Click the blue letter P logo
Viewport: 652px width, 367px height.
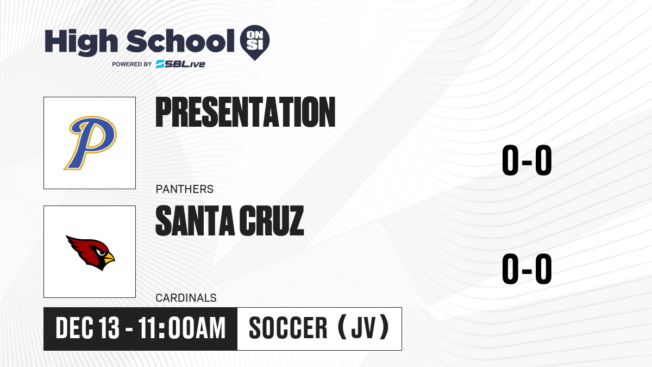tap(90, 142)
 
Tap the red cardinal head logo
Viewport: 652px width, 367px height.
tap(90, 252)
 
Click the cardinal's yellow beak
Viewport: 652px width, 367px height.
tap(109, 258)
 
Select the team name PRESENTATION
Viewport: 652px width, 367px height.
tap(246, 112)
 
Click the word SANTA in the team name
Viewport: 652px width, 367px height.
tap(195, 221)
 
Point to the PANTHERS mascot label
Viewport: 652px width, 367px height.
tap(185, 189)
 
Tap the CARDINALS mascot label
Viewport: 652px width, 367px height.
tap(186, 298)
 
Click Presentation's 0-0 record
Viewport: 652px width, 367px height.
tap(527, 160)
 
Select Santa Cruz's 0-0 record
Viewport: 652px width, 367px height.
tap(527, 269)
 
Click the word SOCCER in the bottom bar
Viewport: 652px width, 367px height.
tap(288, 328)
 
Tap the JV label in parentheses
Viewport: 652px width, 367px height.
tap(363, 328)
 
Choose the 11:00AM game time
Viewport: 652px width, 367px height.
tap(182, 328)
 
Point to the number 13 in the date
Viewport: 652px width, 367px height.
tap(109, 328)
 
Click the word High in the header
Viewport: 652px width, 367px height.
tap(81, 42)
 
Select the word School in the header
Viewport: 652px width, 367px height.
tap(180, 40)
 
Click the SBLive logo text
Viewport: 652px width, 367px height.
tap(180, 64)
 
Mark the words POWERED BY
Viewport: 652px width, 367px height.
tap(132, 64)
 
